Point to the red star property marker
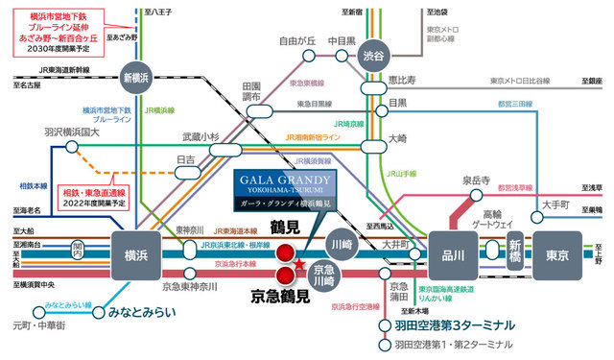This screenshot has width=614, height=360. (299, 290)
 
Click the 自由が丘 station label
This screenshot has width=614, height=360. (297, 42)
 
